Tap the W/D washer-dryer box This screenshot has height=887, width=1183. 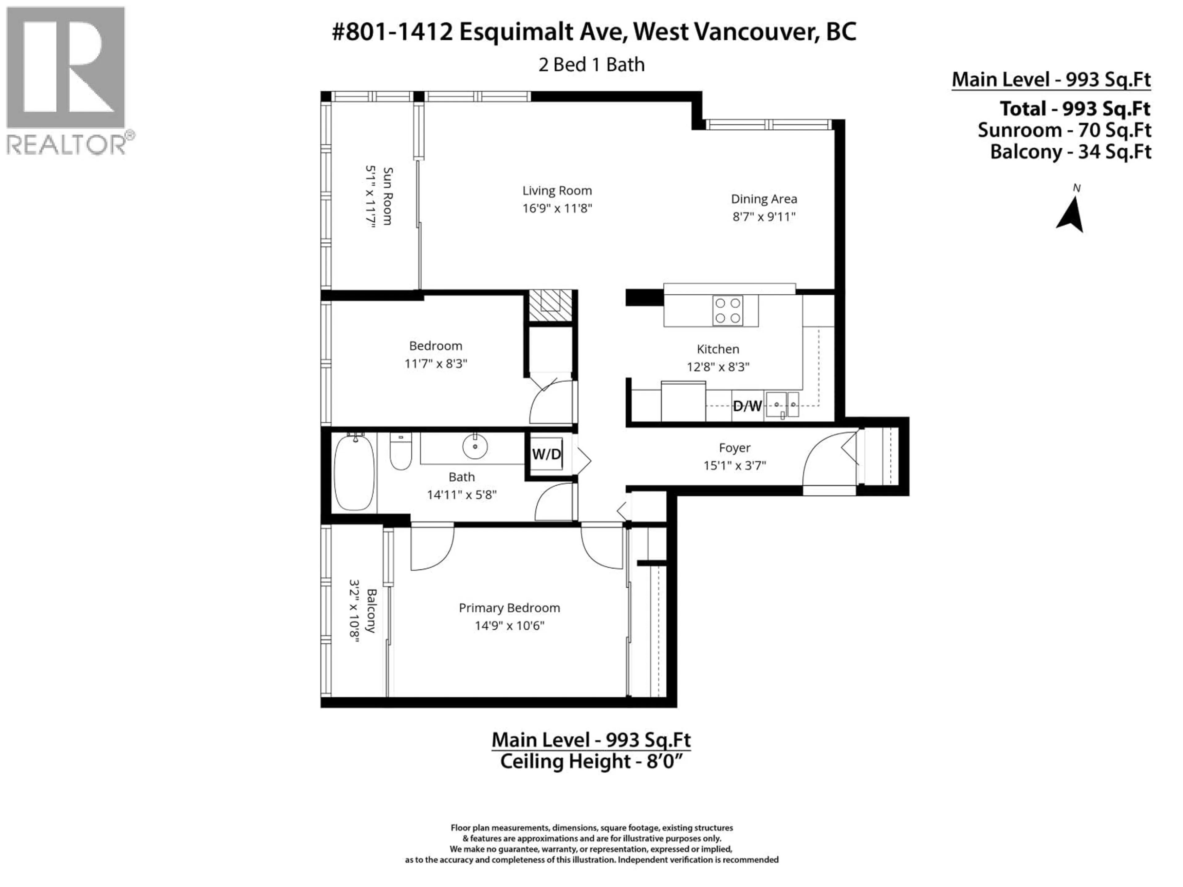click(546, 454)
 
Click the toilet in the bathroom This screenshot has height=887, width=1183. click(400, 452)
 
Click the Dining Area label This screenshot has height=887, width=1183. click(764, 199)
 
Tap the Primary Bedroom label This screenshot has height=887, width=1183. click(509, 608)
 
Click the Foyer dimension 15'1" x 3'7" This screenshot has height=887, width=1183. click(734, 465)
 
